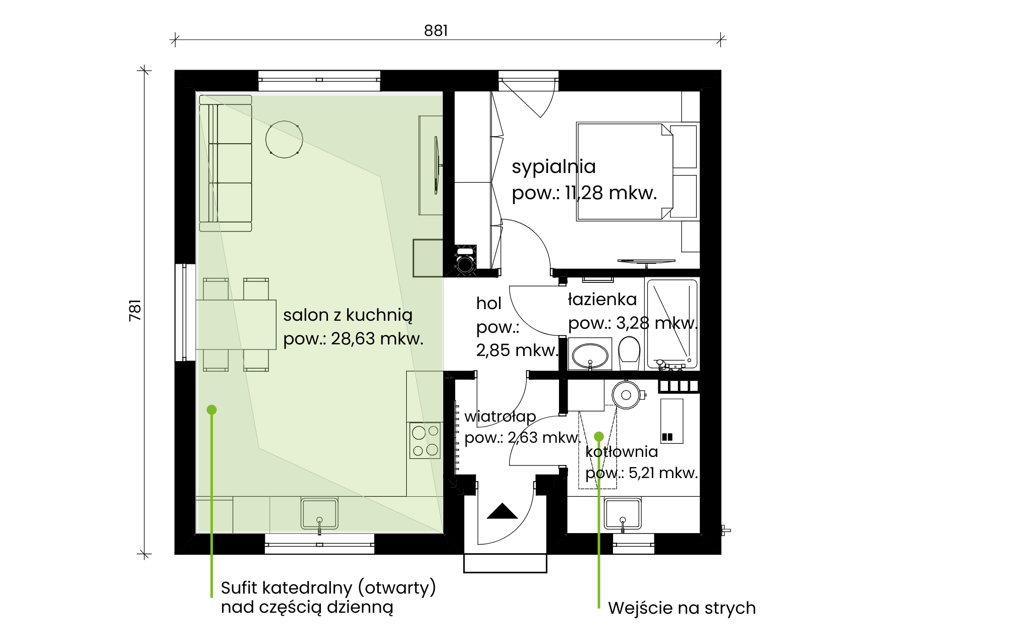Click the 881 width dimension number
(x=436, y=31)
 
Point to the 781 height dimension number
(x=135, y=310)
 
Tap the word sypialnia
(x=553, y=167)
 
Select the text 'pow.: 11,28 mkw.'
(x=584, y=193)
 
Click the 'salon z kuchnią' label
(x=348, y=315)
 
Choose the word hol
(x=489, y=303)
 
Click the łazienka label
(x=602, y=299)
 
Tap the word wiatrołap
(x=500, y=417)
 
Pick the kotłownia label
(x=622, y=451)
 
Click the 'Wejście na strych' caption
(x=682, y=608)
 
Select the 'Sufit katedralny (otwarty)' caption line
(x=328, y=588)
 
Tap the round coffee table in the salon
(x=285, y=139)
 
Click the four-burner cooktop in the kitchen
(x=425, y=440)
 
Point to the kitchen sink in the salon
(x=319, y=513)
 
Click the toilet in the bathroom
(x=629, y=353)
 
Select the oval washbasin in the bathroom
(x=590, y=355)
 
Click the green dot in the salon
(x=212, y=410)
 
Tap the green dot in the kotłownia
(x=599, y=436)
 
